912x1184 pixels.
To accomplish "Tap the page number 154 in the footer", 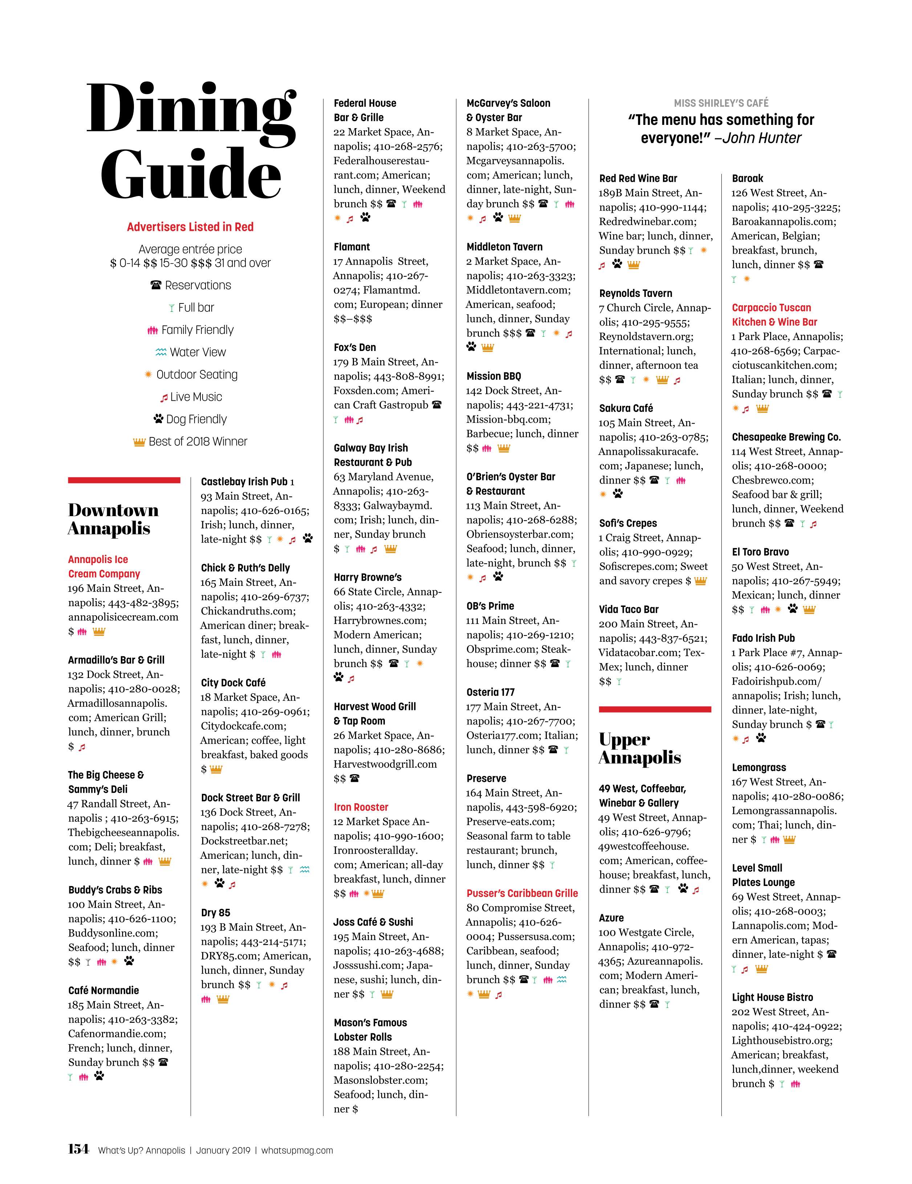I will click(78, 1149).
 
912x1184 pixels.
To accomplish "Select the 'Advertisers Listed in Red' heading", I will click(190, 227).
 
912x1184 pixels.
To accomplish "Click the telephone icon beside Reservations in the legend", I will click(156, 285).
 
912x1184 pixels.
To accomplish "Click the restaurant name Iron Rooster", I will click(361, 807).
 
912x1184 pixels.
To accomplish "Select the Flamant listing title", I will click(351, 247).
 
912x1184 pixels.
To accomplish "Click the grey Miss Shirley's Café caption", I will click(721, 103).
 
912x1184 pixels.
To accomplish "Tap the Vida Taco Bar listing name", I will click(628, 609).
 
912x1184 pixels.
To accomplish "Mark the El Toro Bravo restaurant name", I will click(760, 552).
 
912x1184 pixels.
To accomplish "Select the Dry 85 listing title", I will click(215, 913).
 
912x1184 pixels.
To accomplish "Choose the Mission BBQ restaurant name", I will click(493, 376).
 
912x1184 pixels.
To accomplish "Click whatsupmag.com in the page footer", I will click(297, 1150).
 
